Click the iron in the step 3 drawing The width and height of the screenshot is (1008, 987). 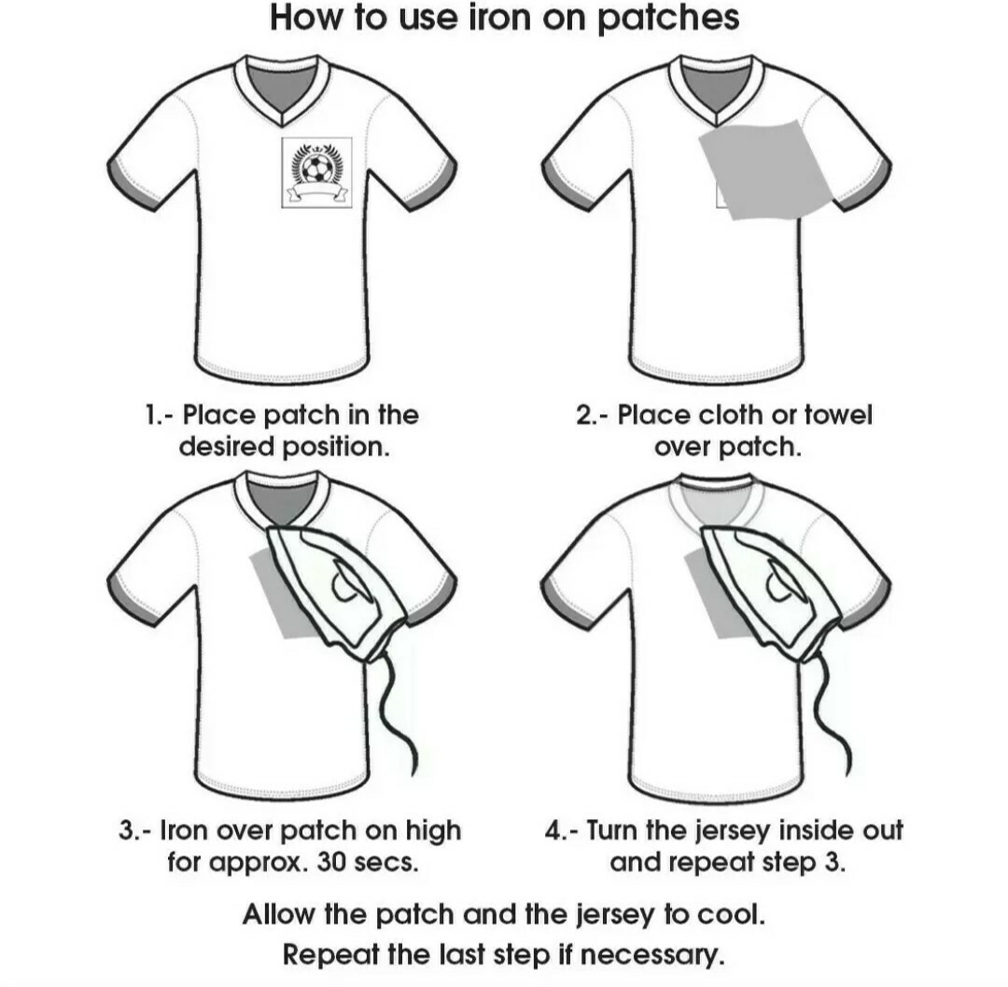pos(336,592)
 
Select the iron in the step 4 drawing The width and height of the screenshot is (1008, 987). pos(769,592)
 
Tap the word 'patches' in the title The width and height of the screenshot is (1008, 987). pos(668,18)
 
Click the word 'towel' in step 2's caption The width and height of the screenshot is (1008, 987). pos(838,415)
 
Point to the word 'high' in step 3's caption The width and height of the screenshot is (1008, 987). pos(433,831)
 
